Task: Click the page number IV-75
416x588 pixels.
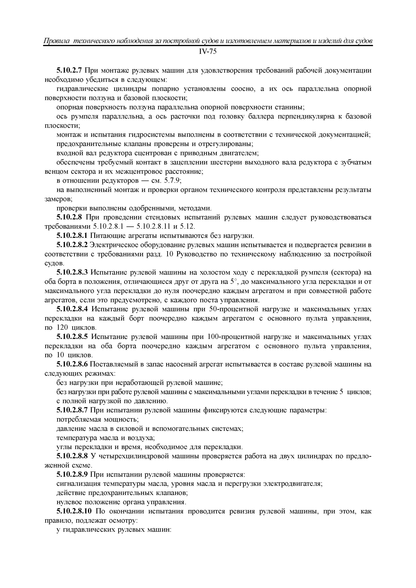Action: [208, 52]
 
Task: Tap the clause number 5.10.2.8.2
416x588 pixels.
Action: [72, 245]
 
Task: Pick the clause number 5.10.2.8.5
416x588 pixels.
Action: [72, 337]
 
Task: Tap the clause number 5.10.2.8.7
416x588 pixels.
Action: [72, 410]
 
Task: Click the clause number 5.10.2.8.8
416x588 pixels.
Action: [72, 457]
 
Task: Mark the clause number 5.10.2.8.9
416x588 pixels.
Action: [72, 475]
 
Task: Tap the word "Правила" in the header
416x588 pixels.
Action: [55, 41]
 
